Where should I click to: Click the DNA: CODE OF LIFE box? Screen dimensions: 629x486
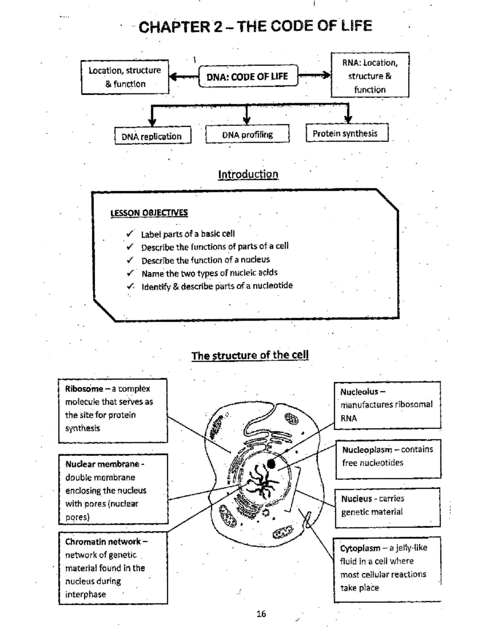coord(247,76)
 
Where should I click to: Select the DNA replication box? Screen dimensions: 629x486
coord(152,136)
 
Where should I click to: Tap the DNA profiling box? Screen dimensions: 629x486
coord(247,134)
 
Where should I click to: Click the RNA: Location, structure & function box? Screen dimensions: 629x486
coord(370,76)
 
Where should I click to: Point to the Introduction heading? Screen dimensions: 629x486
coord(248,174)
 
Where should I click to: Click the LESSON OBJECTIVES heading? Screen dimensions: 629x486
coord(149,213)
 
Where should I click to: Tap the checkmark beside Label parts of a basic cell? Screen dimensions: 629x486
coord(130,234)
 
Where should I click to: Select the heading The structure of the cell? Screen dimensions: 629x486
coord(250,355)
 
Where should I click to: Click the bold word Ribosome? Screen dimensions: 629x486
coord(84,389)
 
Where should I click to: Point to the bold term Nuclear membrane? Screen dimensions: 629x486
coord(102,464)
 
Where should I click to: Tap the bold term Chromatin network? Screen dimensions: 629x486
coord(103,542)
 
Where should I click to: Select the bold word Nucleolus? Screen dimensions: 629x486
coord(360,392)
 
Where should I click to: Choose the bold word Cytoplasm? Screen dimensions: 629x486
coord(360,548)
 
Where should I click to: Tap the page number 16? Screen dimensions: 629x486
coord(261,614)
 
